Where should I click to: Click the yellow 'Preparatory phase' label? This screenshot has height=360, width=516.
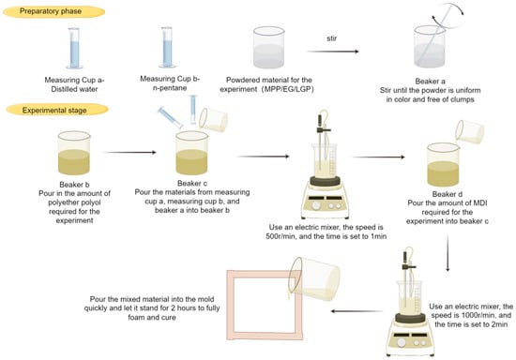[x=53, y=11]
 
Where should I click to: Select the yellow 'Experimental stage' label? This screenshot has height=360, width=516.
[x=57, y=110]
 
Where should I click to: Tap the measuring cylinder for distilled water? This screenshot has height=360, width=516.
[x=74, y=49]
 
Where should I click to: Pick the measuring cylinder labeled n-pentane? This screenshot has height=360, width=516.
[x=167, y=47]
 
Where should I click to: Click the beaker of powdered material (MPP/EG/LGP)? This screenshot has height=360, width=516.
[x=268, y=47]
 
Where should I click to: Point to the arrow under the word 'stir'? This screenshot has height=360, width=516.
[x=332, y=52]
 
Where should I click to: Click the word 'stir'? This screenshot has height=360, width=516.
[x=332, y=38]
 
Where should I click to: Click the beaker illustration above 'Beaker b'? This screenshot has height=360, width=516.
[x=74, y=153]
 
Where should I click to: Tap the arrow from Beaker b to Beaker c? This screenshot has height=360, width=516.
[x=129, y=152]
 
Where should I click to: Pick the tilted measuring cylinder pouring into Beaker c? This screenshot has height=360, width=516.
[x=170, y=117]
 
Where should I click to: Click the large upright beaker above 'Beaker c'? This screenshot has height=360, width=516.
[x=191, y=153]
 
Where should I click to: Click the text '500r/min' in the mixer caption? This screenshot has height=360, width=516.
[x=281, y=236]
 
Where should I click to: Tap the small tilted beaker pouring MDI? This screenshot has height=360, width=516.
[x=470, y=131]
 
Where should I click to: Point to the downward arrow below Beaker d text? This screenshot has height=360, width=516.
[x=448, y=253]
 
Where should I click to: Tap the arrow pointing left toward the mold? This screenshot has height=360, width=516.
[x=357, y=311]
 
